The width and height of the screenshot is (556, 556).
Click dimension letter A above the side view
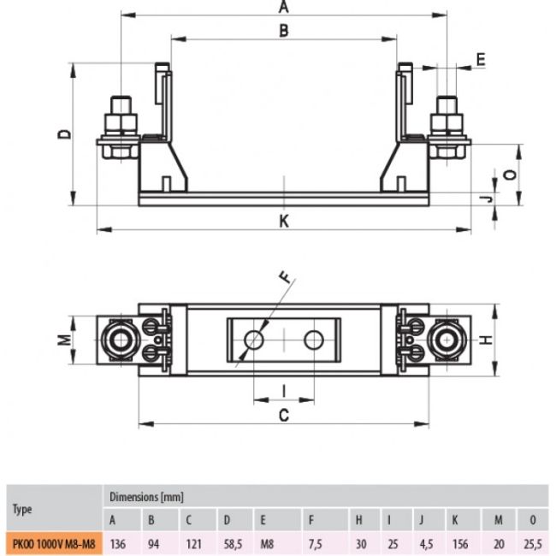point(284,7)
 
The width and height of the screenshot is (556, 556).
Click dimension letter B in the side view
point(284,31)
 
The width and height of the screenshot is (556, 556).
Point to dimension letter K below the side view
point(284,222)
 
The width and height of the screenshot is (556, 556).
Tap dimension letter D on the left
point(64,134)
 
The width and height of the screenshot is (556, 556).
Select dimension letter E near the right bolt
point(481,60)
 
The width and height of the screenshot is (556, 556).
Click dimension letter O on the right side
point(510,174)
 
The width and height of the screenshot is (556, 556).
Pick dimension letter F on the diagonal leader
point(286,277)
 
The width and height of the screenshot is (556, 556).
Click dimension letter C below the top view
point(284,415)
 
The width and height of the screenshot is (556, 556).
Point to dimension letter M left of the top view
point(64,340)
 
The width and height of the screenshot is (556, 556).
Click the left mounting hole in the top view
point(254,340)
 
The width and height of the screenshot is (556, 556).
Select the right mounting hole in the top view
point(314,340)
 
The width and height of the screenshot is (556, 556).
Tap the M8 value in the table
point(267,543)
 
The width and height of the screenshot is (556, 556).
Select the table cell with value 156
point(460,543)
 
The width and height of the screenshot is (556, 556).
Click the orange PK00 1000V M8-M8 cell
point(54,543)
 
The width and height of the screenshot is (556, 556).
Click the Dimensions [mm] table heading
point(146,497)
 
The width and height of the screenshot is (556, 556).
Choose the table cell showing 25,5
point(533,543)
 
